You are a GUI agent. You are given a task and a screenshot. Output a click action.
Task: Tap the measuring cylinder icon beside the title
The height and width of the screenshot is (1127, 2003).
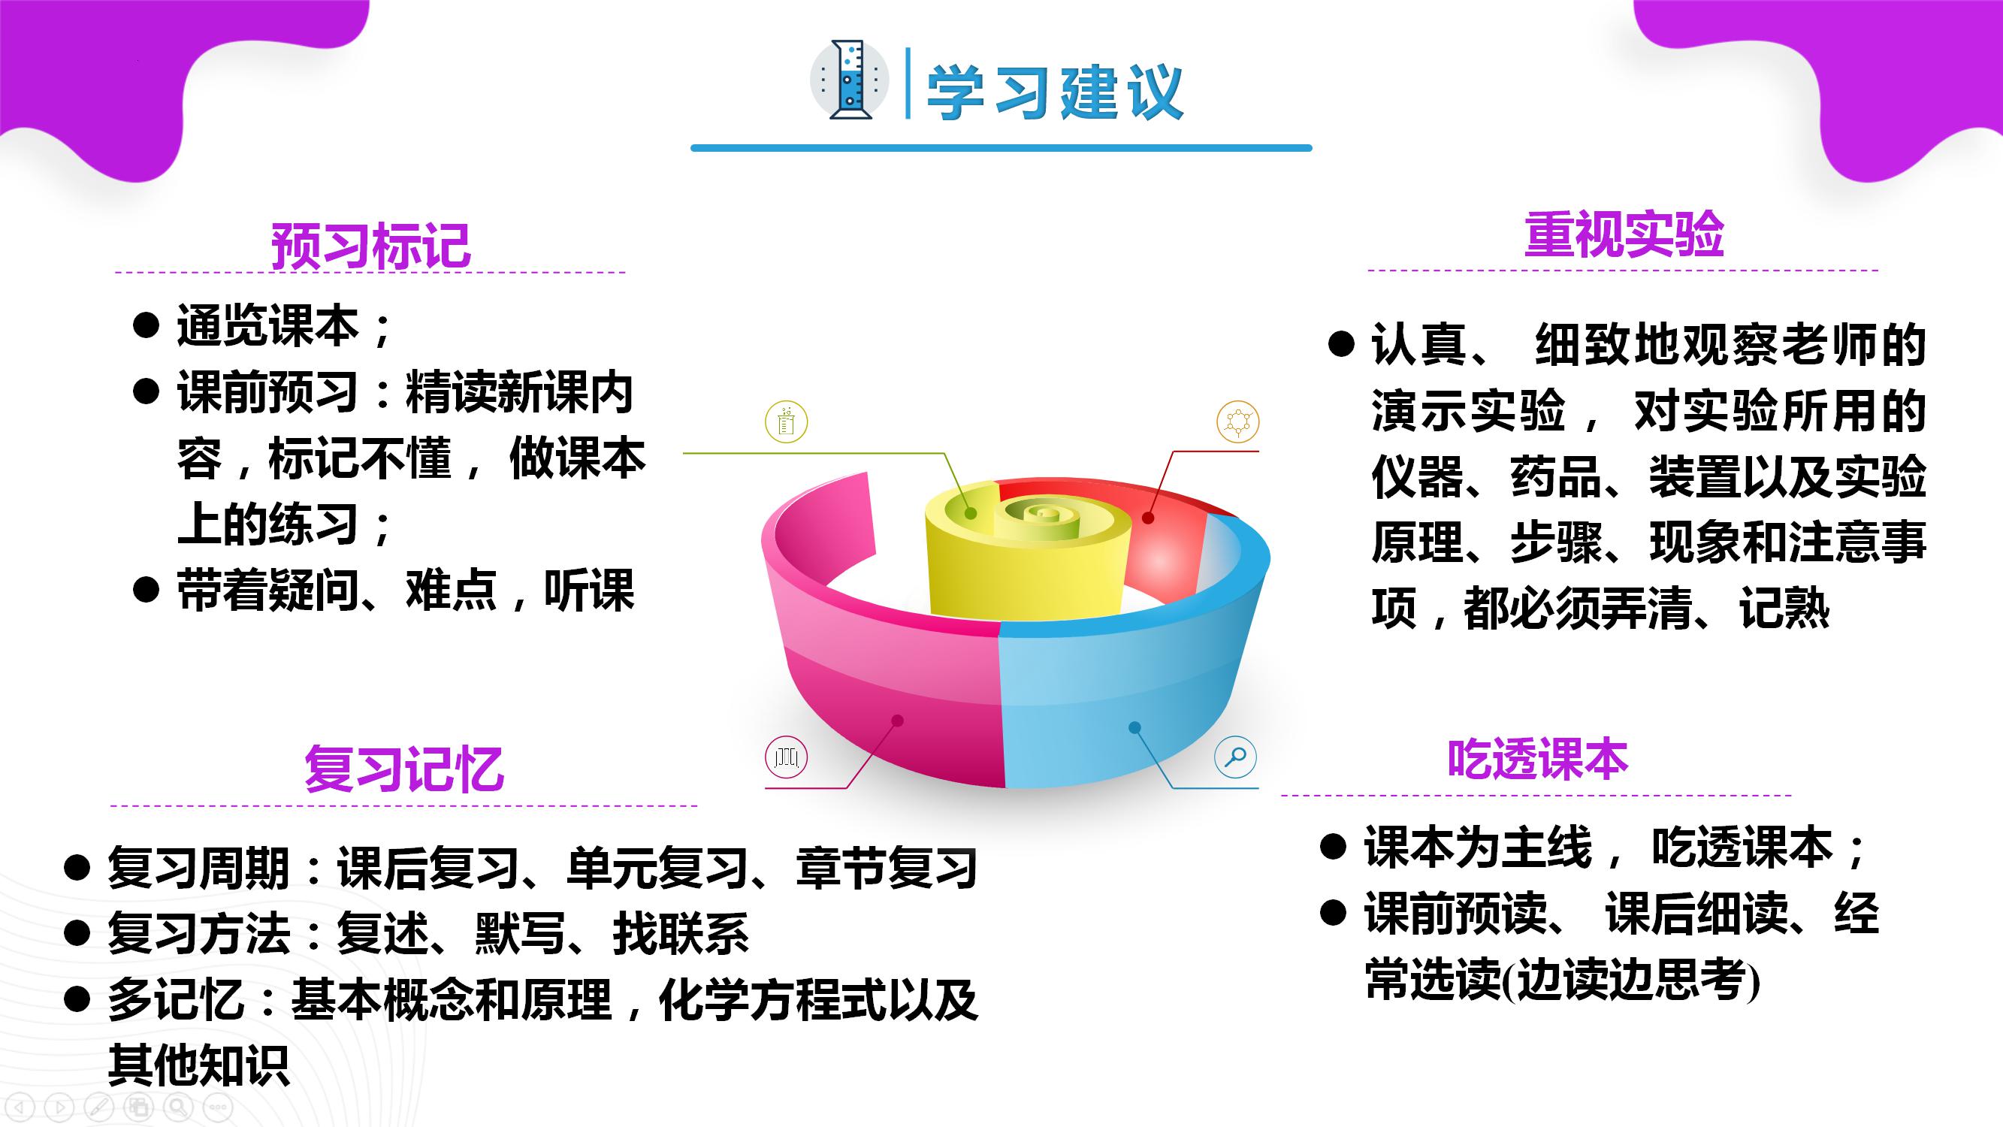click(x=849, y=80)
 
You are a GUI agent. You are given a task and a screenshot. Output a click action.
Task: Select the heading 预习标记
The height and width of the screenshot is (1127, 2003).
click(x=371, y=246)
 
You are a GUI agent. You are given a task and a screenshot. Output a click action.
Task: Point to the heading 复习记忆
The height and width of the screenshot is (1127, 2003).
click(x=403, y=769)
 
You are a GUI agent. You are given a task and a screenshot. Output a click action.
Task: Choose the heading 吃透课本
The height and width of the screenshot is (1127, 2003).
click(x=1537, y=759)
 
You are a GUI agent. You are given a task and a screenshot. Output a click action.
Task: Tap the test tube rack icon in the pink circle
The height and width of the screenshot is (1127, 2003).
click(x=786, y=757)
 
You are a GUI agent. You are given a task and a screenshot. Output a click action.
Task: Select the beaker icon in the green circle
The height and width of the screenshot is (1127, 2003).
click(x=786, y=422)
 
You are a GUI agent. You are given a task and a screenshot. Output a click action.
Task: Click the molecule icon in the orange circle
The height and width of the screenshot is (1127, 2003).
click(x=1238, y=422)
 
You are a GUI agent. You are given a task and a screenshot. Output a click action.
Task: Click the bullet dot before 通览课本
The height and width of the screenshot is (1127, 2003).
click(x=147, y=325)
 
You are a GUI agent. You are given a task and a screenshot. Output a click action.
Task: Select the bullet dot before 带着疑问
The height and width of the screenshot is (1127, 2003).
click(x=147, y=589)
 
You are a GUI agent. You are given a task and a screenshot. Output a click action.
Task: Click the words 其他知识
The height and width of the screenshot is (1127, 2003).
click(x=198, y=1065)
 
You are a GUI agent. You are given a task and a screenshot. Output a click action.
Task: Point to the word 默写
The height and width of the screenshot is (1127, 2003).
click(x=519, y=933)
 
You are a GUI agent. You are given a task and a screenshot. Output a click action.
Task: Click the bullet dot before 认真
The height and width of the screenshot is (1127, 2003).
click(x=1341, y=343)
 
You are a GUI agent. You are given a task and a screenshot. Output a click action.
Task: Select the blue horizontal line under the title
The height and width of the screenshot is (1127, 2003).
click(x=1002, y=148)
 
